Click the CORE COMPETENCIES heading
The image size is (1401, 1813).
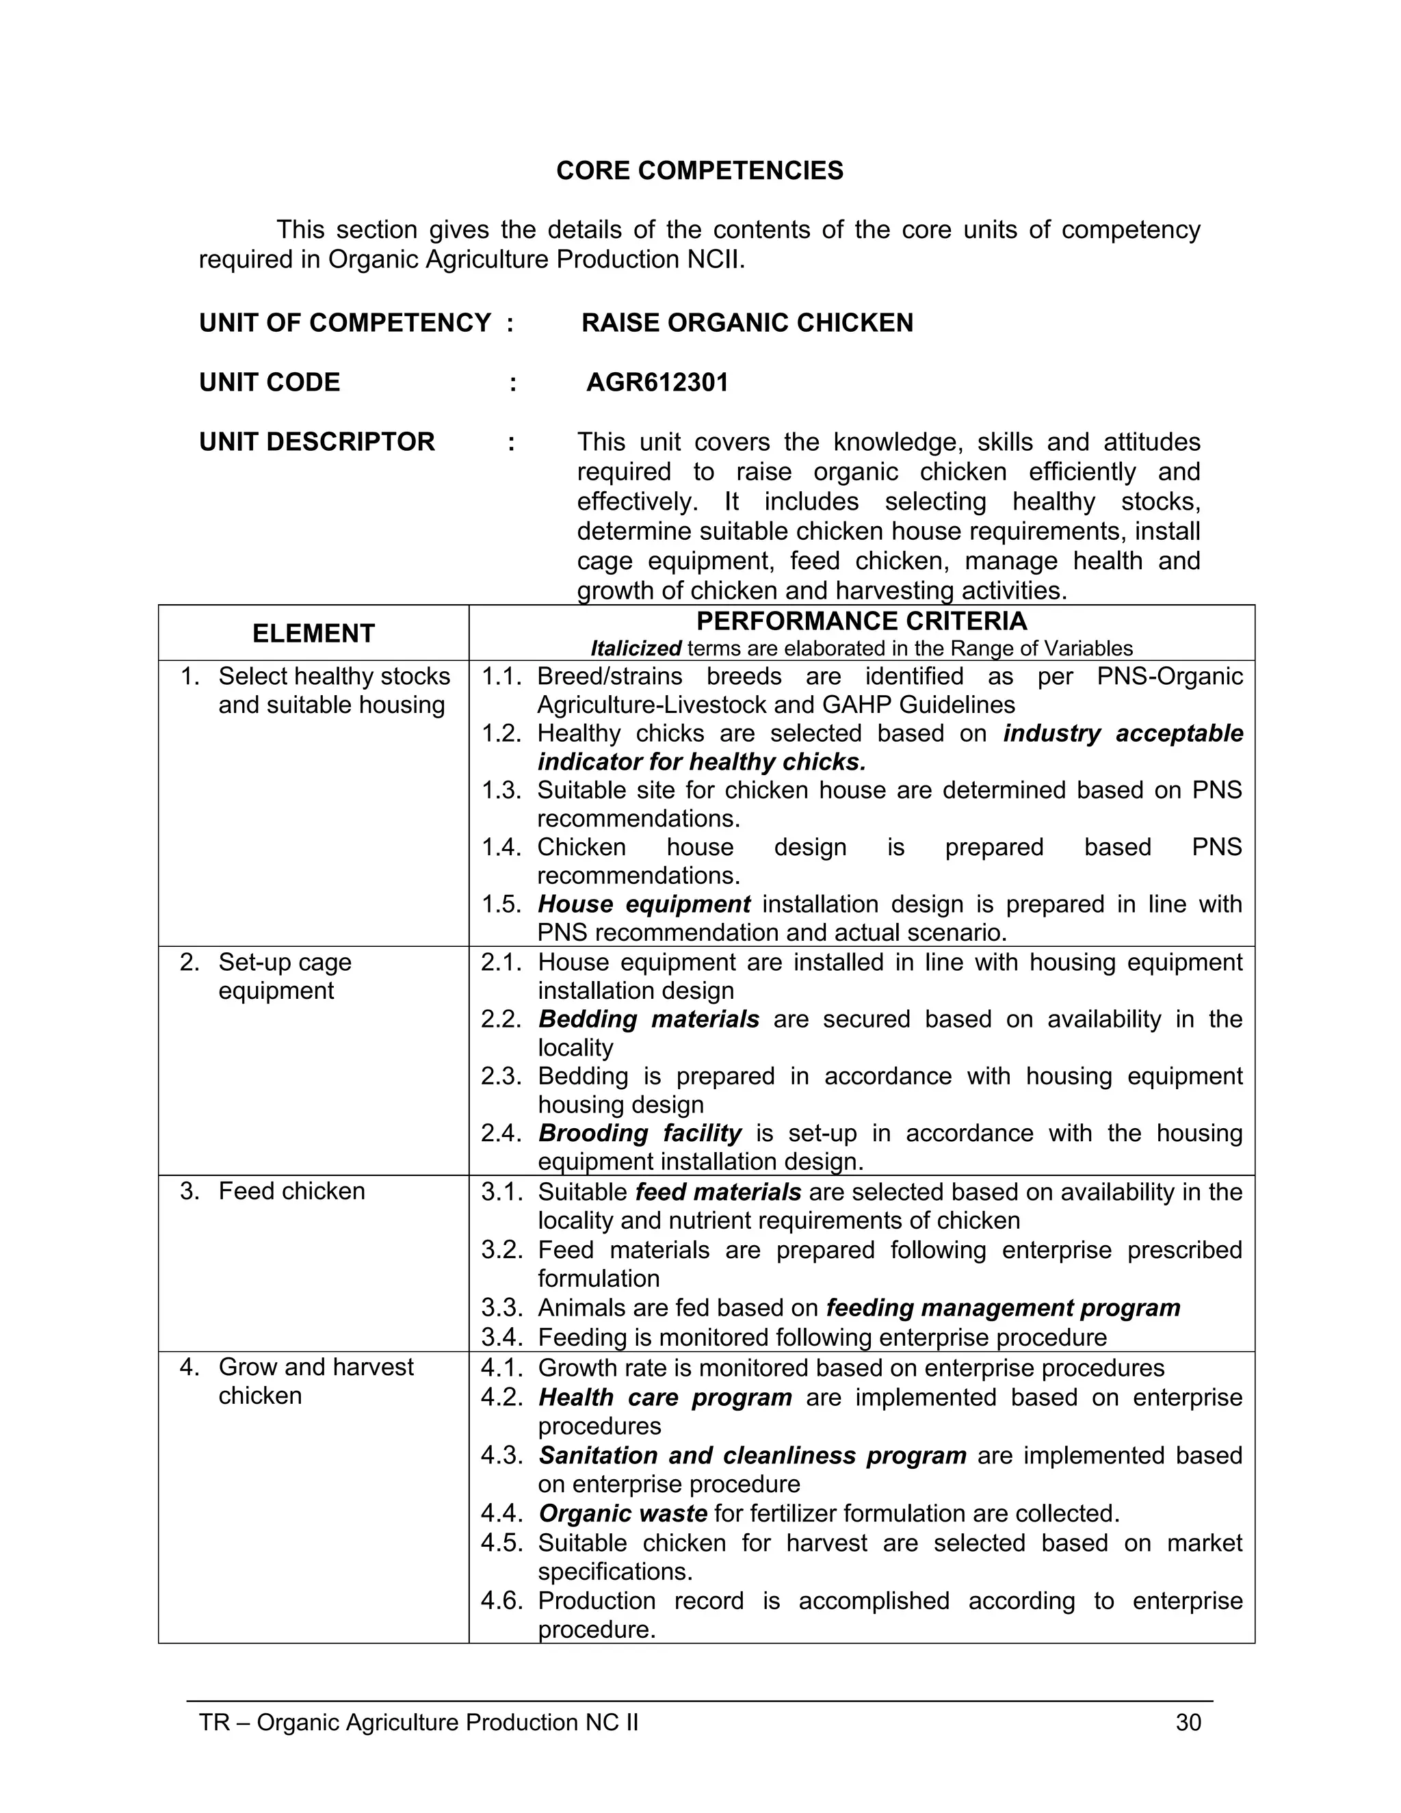coord(700,170)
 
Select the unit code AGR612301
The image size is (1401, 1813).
coord(657,382)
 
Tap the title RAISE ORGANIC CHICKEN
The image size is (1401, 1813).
coord(747,323)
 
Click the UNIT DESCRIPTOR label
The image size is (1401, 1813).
coord(317,442)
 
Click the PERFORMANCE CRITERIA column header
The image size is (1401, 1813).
coord(861,621)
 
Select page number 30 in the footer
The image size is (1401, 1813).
coord(1188,1723)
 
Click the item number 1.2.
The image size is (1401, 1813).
coord(501,734)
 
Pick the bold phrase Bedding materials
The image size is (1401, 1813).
coord(649,1019)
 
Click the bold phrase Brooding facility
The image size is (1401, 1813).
coord(640,1133)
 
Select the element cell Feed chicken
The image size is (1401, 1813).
coord(291,1191)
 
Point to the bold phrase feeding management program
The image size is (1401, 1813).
coord(1003,1307)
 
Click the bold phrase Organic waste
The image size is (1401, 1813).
coord(623,1513)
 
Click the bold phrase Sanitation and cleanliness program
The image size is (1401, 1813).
coord(752,1455)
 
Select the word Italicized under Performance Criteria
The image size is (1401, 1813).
coord(636,649)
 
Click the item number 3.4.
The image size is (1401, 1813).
coord(501,1338)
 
